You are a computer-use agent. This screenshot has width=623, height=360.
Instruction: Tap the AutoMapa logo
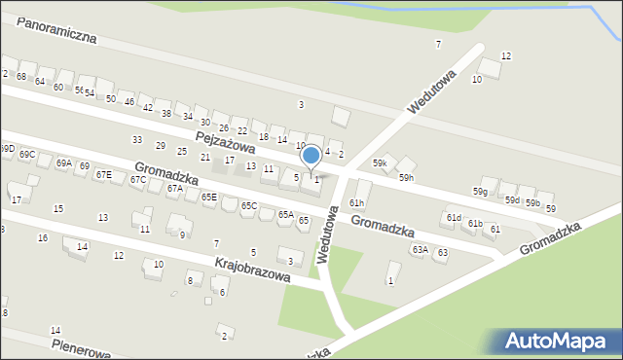558,342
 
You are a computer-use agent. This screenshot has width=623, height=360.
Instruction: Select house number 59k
379,163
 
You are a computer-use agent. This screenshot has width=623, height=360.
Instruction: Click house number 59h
406,179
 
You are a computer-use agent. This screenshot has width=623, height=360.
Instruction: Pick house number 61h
357,202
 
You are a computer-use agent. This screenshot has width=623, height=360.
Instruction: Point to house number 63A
420,250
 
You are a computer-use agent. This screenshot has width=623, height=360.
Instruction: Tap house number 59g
481,192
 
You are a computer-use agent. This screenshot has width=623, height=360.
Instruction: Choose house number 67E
103,174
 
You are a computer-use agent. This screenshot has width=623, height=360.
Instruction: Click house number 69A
64,163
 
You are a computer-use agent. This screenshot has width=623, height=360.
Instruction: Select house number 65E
209,197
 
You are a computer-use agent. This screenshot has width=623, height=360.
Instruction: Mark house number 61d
454,218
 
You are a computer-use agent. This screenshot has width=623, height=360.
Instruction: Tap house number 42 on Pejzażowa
147,107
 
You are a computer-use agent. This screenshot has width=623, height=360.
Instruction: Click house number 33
137,140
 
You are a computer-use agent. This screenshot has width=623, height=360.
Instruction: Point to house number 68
20,76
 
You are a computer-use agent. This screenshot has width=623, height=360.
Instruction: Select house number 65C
249,205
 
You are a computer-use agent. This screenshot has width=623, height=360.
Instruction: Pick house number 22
242,131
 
